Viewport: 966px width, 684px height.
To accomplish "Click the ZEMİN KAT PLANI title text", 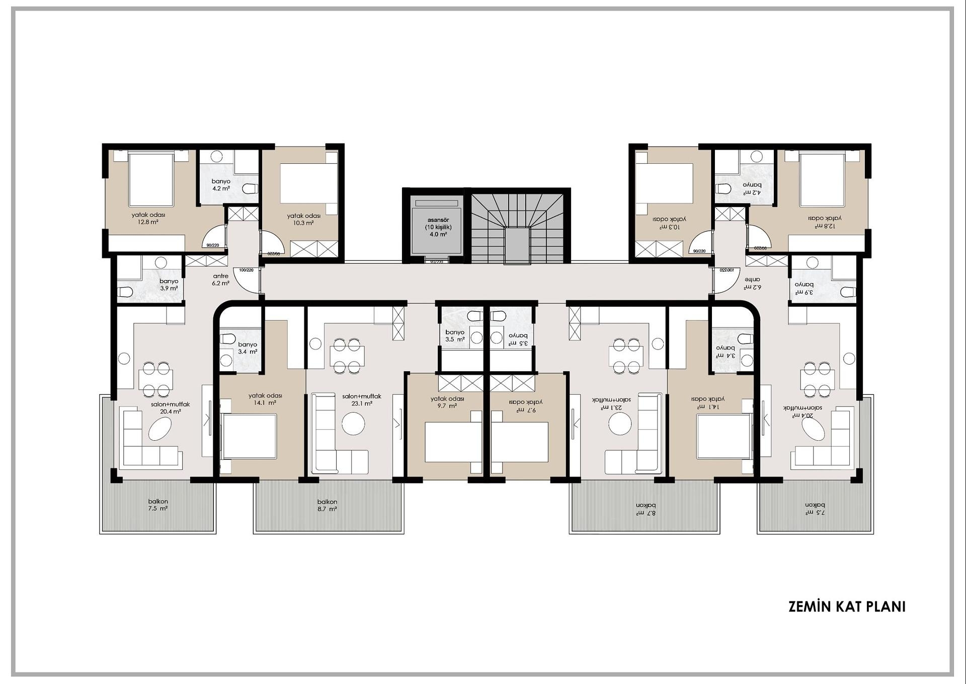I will tap(847, 606).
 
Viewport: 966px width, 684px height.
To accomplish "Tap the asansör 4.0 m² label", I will tap(438, 227).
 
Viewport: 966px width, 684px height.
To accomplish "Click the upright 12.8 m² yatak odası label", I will tap(148, 218).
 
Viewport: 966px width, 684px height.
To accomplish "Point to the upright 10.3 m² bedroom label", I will tap(303, 219).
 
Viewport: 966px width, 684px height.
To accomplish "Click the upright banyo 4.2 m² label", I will tap(221, 185).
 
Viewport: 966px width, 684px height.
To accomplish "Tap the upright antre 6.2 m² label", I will tap(220, 280).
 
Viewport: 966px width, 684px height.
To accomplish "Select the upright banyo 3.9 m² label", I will tap(169, 285).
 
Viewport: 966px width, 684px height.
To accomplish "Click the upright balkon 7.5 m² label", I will tap(158, 505).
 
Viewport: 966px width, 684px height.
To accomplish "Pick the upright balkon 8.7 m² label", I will tap(327, 505).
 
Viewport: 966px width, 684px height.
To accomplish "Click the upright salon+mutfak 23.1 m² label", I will tap(361, 400).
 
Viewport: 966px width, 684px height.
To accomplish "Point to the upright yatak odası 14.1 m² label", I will tap(265, 399).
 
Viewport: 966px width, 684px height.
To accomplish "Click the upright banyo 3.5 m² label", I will tap(454, 335).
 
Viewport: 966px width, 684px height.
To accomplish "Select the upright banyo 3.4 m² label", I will tap(248, 348).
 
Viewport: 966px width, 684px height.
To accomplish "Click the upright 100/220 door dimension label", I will tap(246, 270).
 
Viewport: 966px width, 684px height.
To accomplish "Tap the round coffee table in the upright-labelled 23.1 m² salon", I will tap(353, 424).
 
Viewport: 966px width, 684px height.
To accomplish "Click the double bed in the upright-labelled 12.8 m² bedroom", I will tap(151, 180).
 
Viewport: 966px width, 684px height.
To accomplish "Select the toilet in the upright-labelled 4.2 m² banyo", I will tap(250, 188).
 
